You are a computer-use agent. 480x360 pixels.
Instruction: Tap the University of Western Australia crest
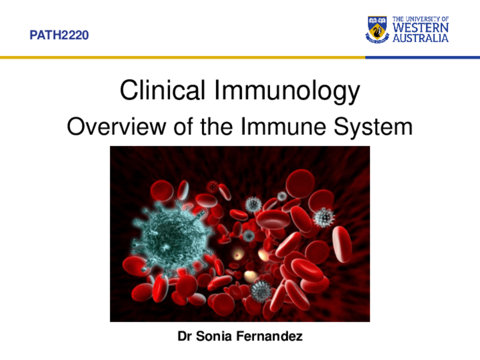(x=377, y=29)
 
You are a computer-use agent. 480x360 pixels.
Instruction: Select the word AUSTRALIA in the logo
(x=421, y=38)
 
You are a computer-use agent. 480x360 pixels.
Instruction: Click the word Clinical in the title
(x=162, y=91)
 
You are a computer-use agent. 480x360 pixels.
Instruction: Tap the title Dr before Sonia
(x=185, y=337)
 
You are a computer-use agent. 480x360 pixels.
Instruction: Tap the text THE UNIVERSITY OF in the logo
(x=421, y=19)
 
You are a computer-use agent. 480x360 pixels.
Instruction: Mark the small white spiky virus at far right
(x=324, y=217)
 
